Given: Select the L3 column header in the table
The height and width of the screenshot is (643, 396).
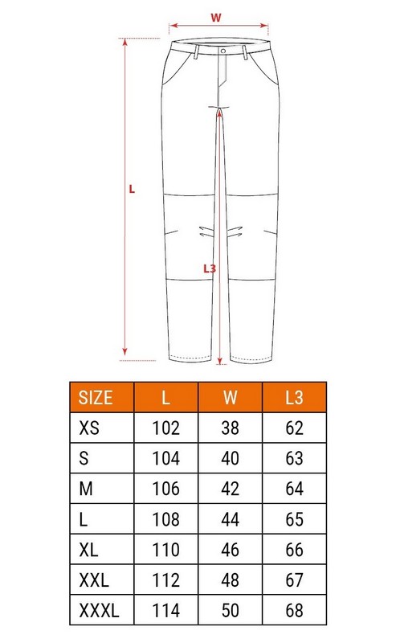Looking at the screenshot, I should pos(294,397).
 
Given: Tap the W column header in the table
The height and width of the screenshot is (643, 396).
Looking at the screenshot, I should pos(231,397).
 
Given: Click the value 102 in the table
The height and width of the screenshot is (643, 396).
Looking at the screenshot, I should pos(166,428).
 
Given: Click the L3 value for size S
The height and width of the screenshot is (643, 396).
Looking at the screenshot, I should pos(294,459).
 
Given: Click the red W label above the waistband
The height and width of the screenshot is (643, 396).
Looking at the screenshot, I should pos(215,17).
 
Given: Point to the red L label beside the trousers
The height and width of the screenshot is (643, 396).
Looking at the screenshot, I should pos(132,190).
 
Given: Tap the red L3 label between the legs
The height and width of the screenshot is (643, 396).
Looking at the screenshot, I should pos(210,269).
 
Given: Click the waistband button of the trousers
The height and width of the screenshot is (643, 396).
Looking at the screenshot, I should pos(221,51).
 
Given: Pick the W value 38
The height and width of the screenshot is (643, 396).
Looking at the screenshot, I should pos(231,428).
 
